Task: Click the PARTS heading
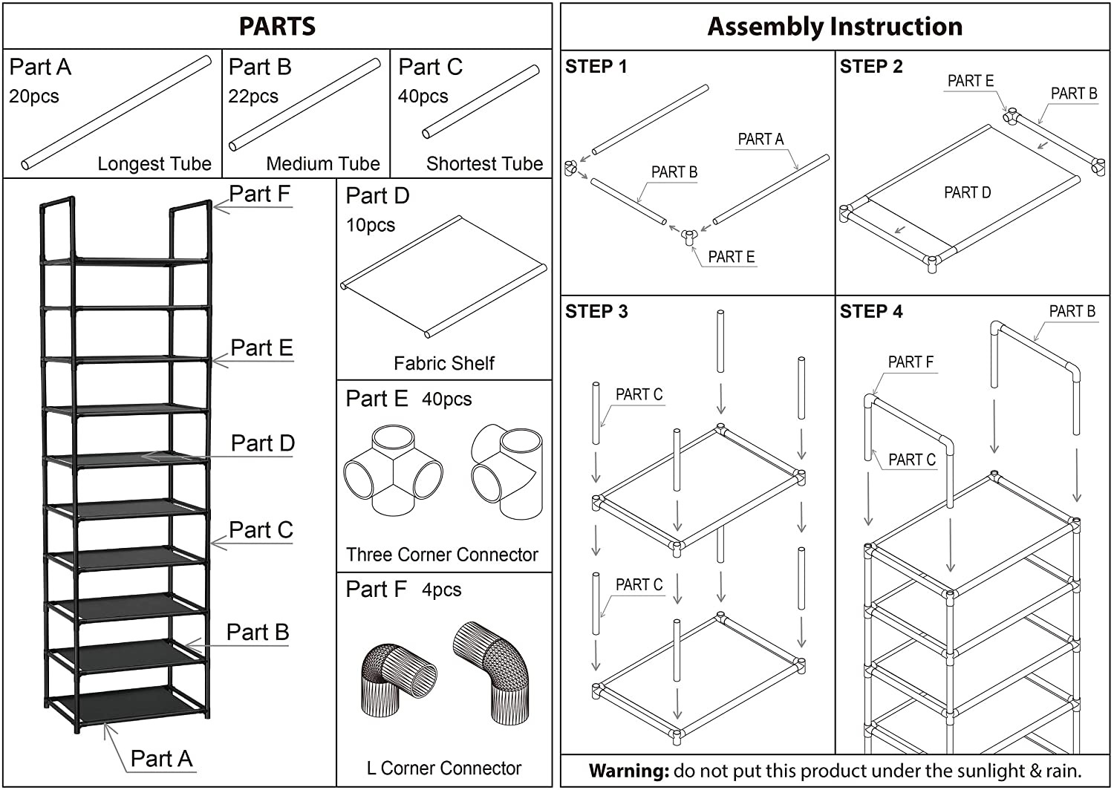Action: click(x=277, y=27)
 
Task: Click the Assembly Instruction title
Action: click(x=835, y=27)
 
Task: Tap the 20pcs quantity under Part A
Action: click(x=34, y=97)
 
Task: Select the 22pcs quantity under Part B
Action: click(x=253, y=97)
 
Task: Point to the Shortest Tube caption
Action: click(x=484, y=163)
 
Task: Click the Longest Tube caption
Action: click(x=154, y=163)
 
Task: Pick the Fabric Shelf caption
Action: click(x=443, y=363)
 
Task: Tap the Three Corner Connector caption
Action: click(x=442, y=555)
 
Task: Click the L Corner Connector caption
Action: click(x=444, y=768)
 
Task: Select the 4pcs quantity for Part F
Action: click(x=442, y=590)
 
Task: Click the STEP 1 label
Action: click(x=596, y=67)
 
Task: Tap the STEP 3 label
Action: click(x=596, y=312)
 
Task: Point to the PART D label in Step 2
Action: click(x=967, y=193)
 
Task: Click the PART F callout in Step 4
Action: click(x=911, y=362)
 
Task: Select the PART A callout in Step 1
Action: click(x=760, y=140)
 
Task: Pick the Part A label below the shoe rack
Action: click(x=161, y=758)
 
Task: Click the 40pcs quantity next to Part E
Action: click(x=446, y=399)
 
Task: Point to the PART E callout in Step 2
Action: click(x=970, y=81)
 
